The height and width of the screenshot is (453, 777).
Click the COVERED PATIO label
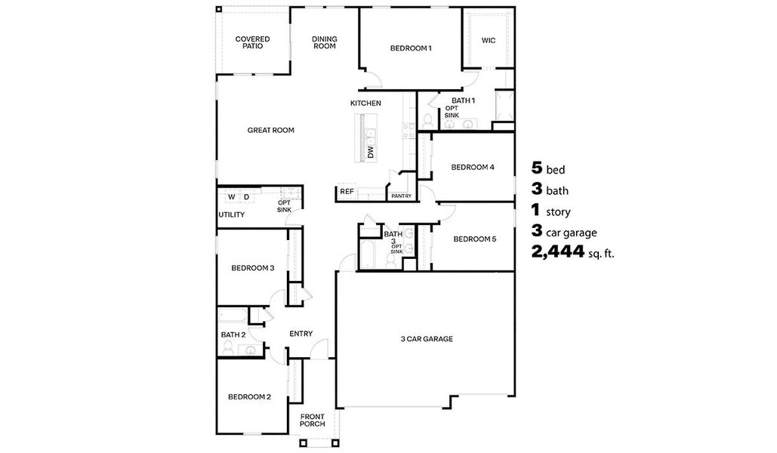(252, 42)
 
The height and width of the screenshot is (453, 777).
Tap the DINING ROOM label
(324, 42)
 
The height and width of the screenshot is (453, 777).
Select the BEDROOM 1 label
(411, 49)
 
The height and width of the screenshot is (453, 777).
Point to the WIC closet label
(489, 41)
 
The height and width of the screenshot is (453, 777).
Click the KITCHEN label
(365, 103)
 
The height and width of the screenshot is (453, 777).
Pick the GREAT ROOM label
(270, 131)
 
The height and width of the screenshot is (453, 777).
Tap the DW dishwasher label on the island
(371, 153)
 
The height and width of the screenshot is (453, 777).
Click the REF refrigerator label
(347, 192)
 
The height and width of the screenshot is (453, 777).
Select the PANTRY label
(400, 196)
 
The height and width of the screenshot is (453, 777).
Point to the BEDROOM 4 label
(473, 167)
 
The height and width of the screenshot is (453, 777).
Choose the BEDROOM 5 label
(474, 239)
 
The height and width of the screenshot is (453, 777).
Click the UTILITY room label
(231, 215)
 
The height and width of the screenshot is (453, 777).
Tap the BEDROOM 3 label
(252, 268)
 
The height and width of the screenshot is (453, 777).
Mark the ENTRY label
(301, 334)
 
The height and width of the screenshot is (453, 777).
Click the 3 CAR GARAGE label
(427, 340)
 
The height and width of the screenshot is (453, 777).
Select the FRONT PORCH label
(313, 420)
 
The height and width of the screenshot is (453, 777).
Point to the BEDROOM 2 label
(249, 397)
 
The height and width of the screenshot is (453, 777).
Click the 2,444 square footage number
(559, 253)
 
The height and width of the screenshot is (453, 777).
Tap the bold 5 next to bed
(538, 168)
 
